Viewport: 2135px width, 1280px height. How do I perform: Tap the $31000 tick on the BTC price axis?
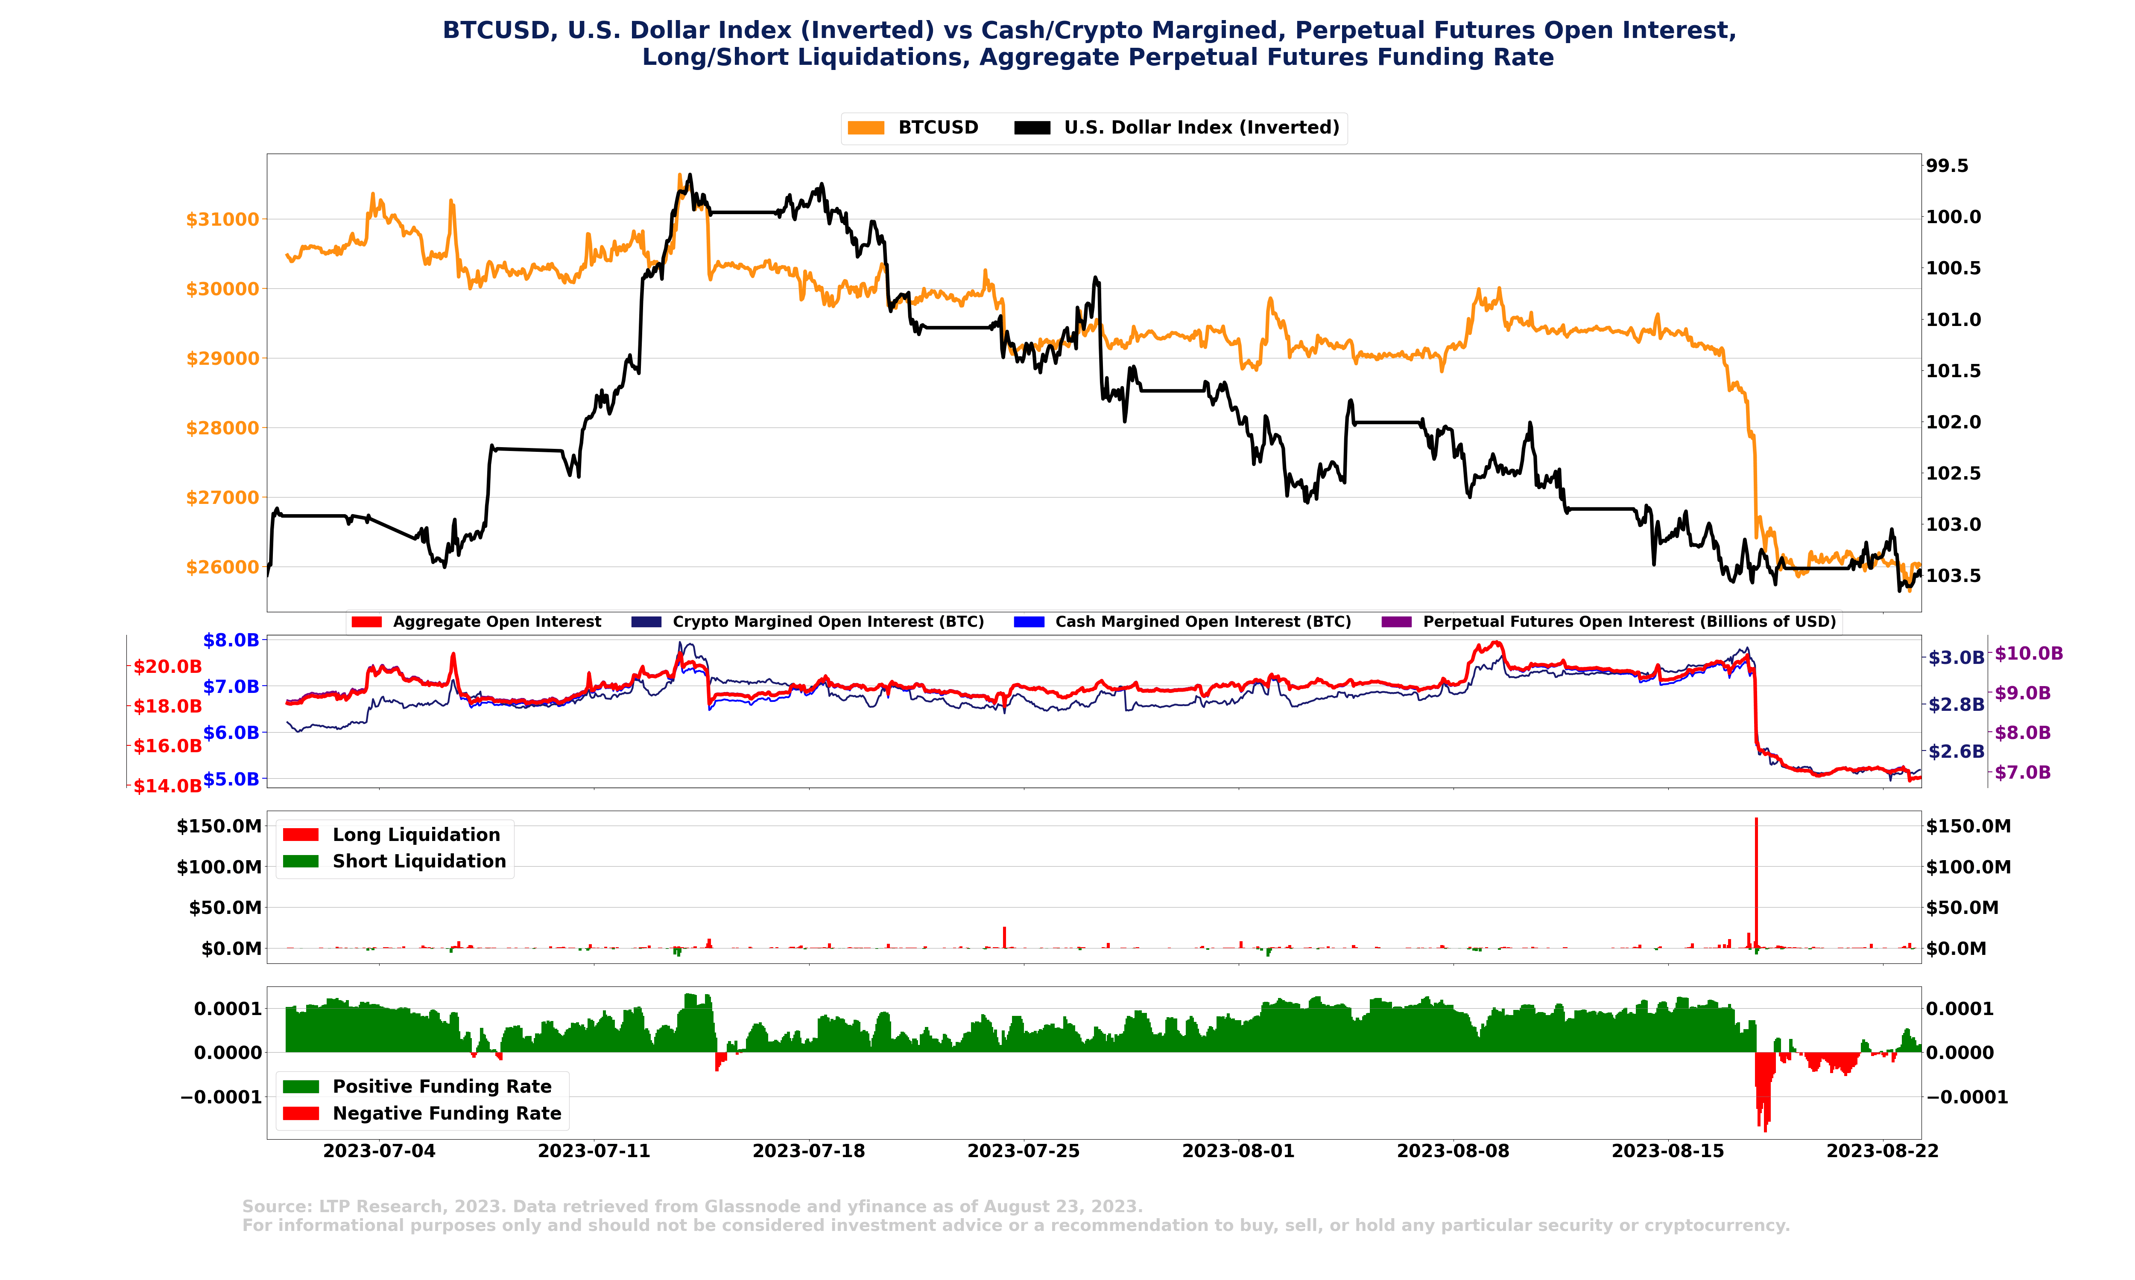click(222, 220)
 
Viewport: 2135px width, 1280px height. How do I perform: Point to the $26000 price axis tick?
click(222, 567)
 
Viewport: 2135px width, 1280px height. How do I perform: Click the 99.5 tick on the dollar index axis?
click(1947, 166)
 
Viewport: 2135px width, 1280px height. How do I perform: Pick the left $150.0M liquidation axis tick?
click(219, 826)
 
